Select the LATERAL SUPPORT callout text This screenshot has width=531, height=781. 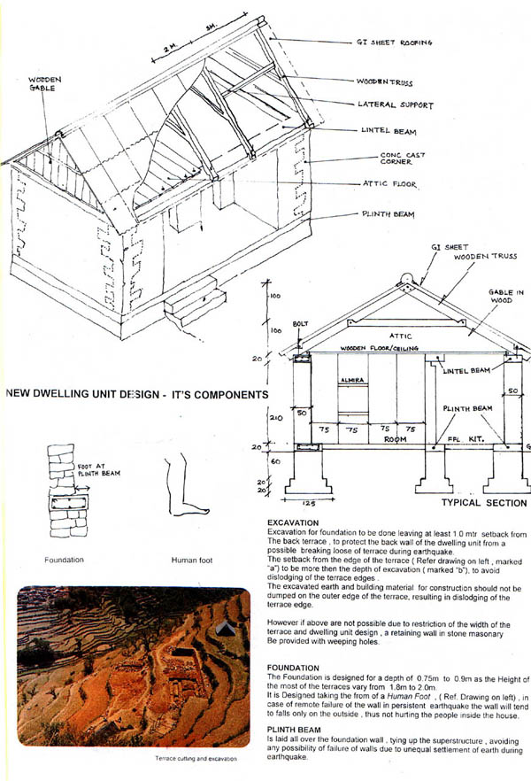396,104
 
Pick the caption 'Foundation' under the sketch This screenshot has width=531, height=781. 64,560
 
